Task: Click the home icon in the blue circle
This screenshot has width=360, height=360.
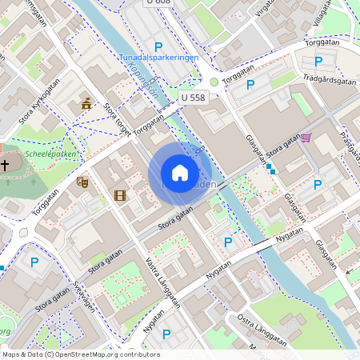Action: (x=180, y=173)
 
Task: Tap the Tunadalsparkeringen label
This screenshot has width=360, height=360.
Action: (x=158, y=58)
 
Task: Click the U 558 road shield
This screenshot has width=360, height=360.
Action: (x=193, y=97)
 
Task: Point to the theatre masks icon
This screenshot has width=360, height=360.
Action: (x=81, y=182)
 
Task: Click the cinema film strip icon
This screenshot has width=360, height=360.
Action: (x=120, y=194)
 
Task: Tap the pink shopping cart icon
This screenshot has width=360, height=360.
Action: (x=306, y=138)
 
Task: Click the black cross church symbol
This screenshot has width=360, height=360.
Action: (x=5, y=166)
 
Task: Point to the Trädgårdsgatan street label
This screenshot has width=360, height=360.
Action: (x=330, y=80)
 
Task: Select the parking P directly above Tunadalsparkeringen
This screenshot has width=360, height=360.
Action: (x=158, y=46)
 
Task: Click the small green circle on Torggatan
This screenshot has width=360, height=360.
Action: (x=214, y=82)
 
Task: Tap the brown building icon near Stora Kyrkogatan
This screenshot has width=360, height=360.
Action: (x=86, y=102)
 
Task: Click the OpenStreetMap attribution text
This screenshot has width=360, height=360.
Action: (x=80, y=354)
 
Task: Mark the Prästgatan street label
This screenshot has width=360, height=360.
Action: (x=349, y=143)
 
